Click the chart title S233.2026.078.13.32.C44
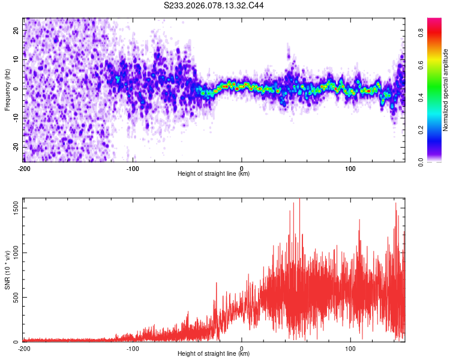click(x=214, y=5)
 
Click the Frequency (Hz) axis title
click(x=7, y=89)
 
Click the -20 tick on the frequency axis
click(x=15, y=147)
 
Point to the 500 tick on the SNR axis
click(x=15, y=297)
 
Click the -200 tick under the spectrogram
click(x=23, y=167)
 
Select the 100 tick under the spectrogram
click(x=350, y=167)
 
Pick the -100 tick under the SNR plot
click(x=133, y=348)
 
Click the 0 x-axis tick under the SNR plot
click(x=242, y=348)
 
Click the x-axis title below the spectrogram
click(x=214, y=174)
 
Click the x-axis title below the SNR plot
click(x=214, y=355)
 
